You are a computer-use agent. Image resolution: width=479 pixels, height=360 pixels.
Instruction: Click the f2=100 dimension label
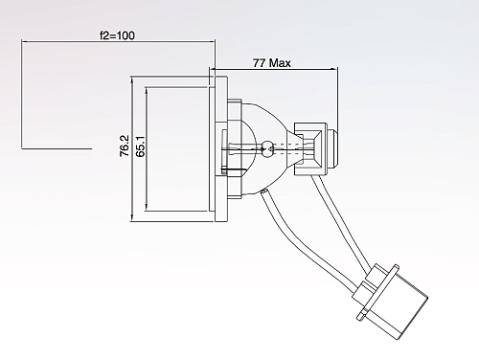pyautogui.click(x=117, y=35)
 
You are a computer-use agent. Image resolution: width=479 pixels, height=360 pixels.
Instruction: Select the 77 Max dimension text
pyautogui.click(x=272, y=63)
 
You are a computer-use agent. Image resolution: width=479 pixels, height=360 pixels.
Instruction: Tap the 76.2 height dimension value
pyautogui.click(x=125, y=146)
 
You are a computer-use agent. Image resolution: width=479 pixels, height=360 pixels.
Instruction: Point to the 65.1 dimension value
pyautogui.click(x=140, y=146)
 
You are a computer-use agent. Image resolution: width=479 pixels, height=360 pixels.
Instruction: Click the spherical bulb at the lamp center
pyautogui.click(x=267, y=149)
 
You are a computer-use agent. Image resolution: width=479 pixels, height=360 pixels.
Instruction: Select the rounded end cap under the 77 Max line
pyautogui.click(x=331, y=147)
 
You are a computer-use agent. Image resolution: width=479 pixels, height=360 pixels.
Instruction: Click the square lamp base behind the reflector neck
pyautogui.click(x=309, y=148)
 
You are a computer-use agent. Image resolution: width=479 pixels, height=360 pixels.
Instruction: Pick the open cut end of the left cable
pyautogui.click(x=263, y=191)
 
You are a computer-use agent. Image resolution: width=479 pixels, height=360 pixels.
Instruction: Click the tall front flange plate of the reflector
pyautogui.click(x=221, y=148)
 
